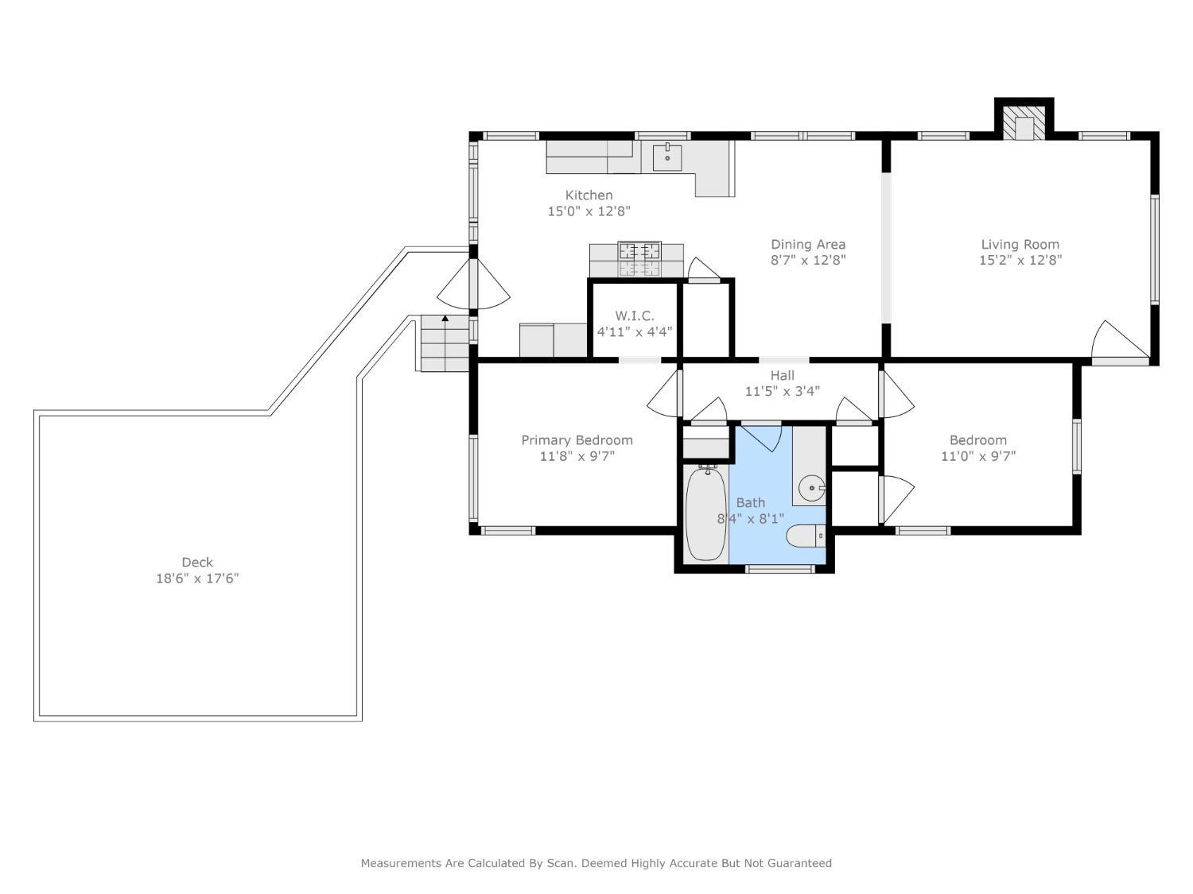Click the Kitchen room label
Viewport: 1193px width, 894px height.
pos(589,195)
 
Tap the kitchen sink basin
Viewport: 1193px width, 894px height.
pos(666,158)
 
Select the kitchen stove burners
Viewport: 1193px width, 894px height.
pos(639,259)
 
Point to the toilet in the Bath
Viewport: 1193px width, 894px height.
pos(806,536)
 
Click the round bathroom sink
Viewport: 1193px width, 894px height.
pos(812,487)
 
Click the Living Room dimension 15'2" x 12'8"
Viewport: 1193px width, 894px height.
pos(1020,260)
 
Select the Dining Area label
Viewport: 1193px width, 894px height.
pos(807,244)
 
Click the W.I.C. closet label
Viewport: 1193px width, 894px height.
pos(634,315)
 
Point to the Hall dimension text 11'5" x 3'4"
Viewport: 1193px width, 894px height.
pos(782,391)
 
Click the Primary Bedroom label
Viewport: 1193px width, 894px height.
pos(577,439)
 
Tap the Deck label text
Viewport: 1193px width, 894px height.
pos(196,562)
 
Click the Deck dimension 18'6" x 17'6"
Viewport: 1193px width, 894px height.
pos(196,578)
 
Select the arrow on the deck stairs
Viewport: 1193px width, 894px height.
pos(445,318)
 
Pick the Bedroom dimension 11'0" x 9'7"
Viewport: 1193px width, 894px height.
pos(977,456)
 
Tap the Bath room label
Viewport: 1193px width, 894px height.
pos(750,503)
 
